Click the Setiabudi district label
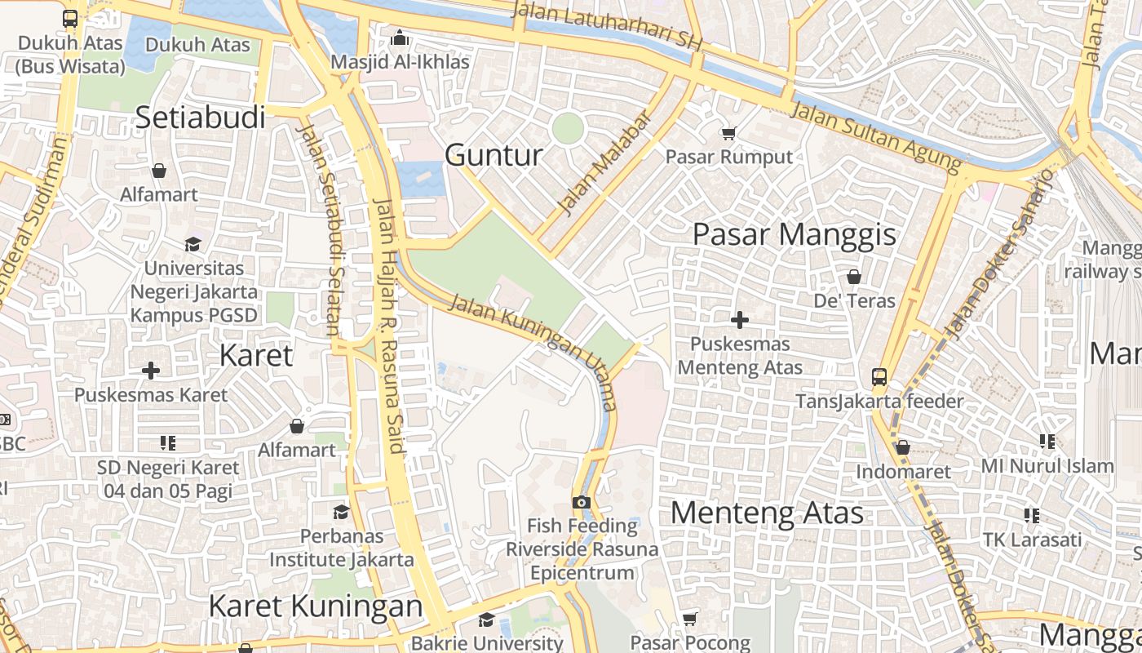[201, 118]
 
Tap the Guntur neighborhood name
[494, 154]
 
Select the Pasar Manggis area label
[794, 234]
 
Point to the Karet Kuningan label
[316, 606]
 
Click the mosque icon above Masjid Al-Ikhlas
[400, 38]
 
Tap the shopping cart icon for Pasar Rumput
[728, 133]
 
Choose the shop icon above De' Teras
[854, 277]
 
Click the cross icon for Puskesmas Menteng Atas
[740, 320]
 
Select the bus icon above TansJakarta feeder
[879, 376]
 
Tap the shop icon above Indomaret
[902, 447]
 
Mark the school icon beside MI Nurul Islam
[1048, 442]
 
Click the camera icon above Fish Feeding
[581, 502]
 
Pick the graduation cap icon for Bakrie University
[486, 620]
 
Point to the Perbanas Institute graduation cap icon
[341, 512]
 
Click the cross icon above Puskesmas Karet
[151, 371]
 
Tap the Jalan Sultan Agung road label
[877, 135]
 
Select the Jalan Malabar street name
[606, 163]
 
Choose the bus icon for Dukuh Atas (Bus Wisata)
[70, 18]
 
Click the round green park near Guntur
[568, 128]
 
